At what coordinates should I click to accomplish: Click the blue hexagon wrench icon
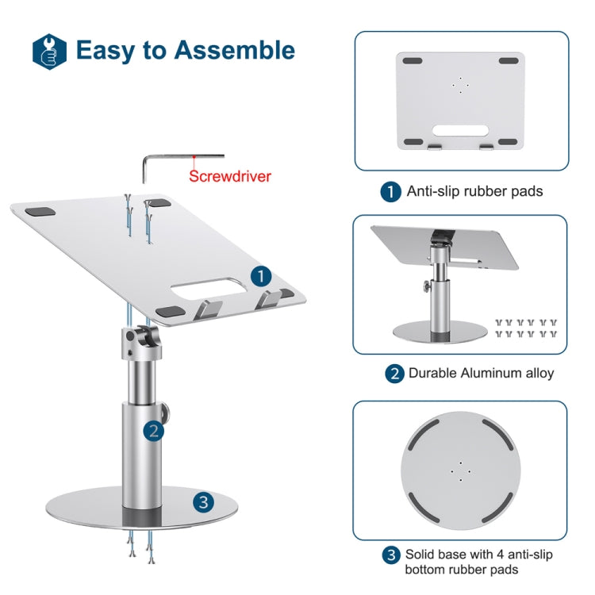tap(49, 50)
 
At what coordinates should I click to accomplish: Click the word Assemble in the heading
tap(235, 50)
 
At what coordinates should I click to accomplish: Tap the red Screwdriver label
tap(229, 176)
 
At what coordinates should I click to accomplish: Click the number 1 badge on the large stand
tap(261, 275)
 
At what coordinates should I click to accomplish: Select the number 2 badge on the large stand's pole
tap(154, 431)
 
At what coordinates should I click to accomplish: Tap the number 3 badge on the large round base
tap(204, 501)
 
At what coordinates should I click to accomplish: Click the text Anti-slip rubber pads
tap(474, 191)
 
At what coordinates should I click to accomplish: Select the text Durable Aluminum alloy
tap(481, 373)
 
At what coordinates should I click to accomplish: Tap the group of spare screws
tap(524, 328)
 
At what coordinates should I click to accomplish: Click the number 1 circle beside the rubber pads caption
tap(390, 192)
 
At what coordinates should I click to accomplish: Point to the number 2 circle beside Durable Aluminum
tap(393, 374)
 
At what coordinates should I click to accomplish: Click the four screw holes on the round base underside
tap(459, 470)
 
